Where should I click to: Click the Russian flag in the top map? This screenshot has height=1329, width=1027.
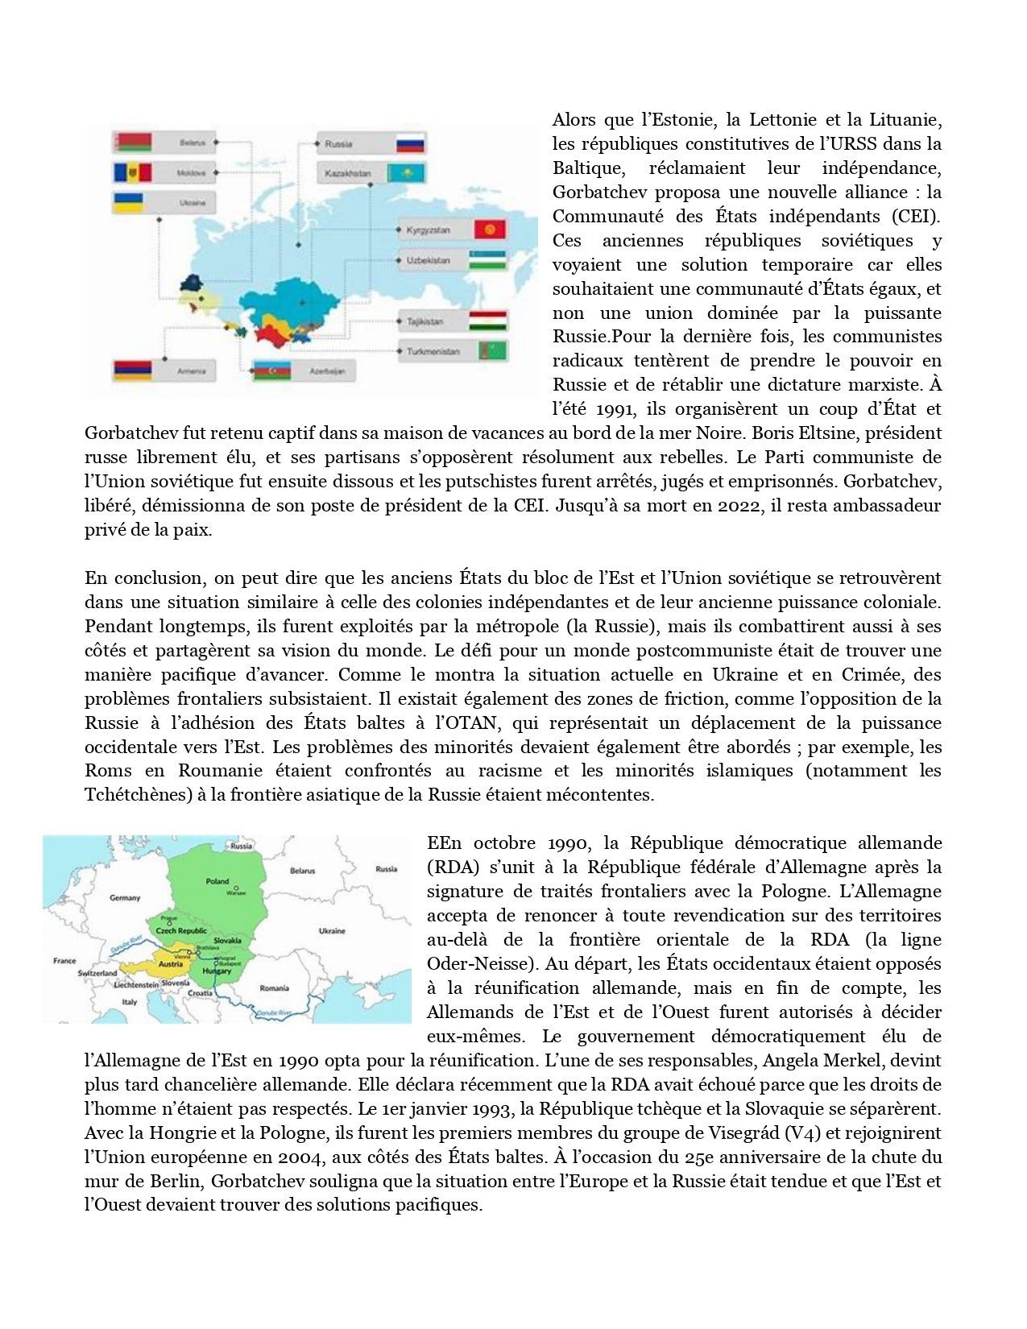(411, 145)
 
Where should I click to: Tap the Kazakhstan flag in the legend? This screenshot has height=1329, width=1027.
(407, 173)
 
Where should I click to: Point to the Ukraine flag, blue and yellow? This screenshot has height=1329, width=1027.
(130, 202)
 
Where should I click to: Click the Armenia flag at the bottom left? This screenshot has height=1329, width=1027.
(130, 371)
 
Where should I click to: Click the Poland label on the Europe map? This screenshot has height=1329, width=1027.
(217, 881)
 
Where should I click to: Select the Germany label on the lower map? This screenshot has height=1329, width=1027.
(125, 897)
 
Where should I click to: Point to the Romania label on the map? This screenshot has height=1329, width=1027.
(274, 987)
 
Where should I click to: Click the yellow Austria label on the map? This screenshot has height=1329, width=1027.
(171, 964)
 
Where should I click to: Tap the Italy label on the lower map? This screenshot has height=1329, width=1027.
(129, 1002)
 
